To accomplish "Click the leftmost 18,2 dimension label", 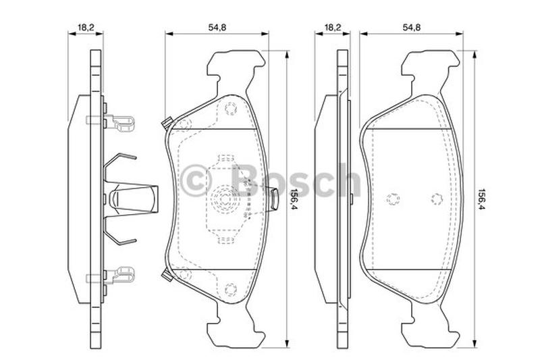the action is (86, 28).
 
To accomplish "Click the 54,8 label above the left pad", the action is (217, 28).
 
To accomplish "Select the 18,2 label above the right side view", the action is (333, 28).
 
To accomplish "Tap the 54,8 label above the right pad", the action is (412, 28).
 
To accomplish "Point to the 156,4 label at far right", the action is (483, 200).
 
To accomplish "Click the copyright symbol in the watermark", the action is (196, 180).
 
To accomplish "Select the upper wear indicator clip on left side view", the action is (110, 122).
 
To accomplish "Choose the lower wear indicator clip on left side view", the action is (110, 276).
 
